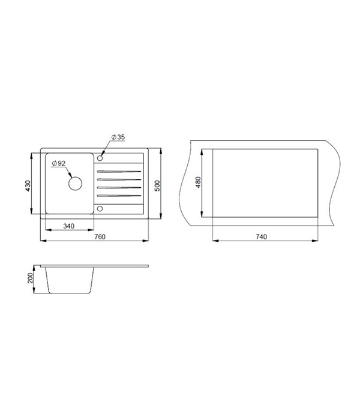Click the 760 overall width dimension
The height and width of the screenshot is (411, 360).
point(100,236)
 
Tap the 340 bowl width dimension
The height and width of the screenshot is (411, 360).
point(68,226)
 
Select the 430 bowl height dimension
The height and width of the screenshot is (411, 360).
point(28,185)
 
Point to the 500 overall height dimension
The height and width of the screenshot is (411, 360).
point(157,185)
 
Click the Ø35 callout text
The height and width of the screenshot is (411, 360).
point(118,137)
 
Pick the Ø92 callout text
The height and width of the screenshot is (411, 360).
point(58,163)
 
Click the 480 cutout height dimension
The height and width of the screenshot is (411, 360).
point(198,182)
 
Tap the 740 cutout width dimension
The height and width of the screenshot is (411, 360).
point(261,236)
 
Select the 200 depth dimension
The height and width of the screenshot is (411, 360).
point(31,278)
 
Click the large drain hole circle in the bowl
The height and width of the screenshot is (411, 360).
point(75,176)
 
